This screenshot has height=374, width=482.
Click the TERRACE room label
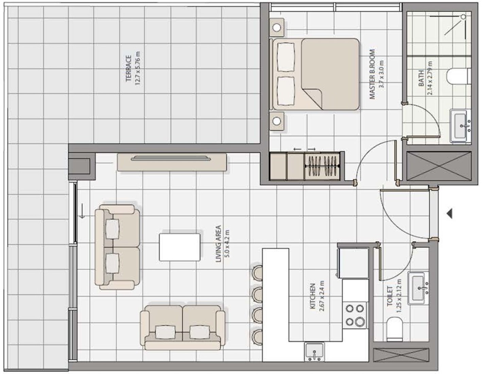tap(129, 69)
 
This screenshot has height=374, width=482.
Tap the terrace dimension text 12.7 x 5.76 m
tap(138, 69)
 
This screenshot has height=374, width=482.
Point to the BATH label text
tap(421, 78)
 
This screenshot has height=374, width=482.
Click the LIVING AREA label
tap(219, 244)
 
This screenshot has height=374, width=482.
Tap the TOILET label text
tap(390, 296)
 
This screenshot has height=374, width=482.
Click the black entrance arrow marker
tap(450, 214)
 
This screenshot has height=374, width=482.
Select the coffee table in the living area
tap(180, 247)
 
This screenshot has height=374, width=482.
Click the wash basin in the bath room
tap(461, 126)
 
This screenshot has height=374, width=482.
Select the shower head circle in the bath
tap(464, 17)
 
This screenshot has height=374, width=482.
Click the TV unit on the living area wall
tap(172, 162)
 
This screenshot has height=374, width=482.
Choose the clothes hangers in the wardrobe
tap(323, 166)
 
